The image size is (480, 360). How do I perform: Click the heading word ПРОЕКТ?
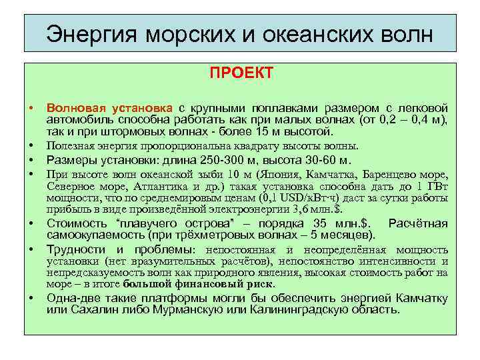pos(241,73)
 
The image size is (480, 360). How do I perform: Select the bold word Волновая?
pos(72,108)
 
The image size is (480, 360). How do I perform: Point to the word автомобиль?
pos(81,120)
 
